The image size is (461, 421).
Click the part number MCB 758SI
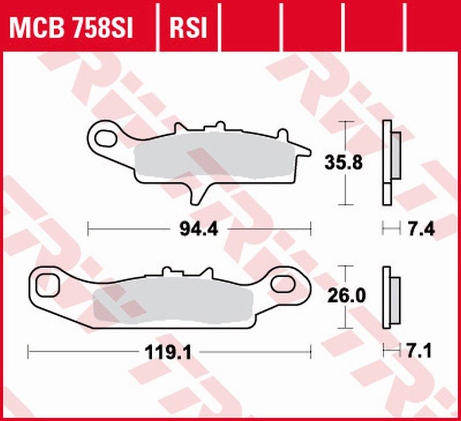click(x=71, y=27)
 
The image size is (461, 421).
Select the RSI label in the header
click(x=188, y=27)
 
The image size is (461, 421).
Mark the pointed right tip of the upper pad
click(x=309, y=151)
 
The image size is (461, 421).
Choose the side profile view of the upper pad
click(x=390, y=162)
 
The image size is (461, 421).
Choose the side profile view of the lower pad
click(x=390, y=297)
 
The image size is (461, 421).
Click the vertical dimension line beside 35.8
click(x=344, y=186)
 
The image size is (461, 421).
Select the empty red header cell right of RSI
click(x=249, y=27)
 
